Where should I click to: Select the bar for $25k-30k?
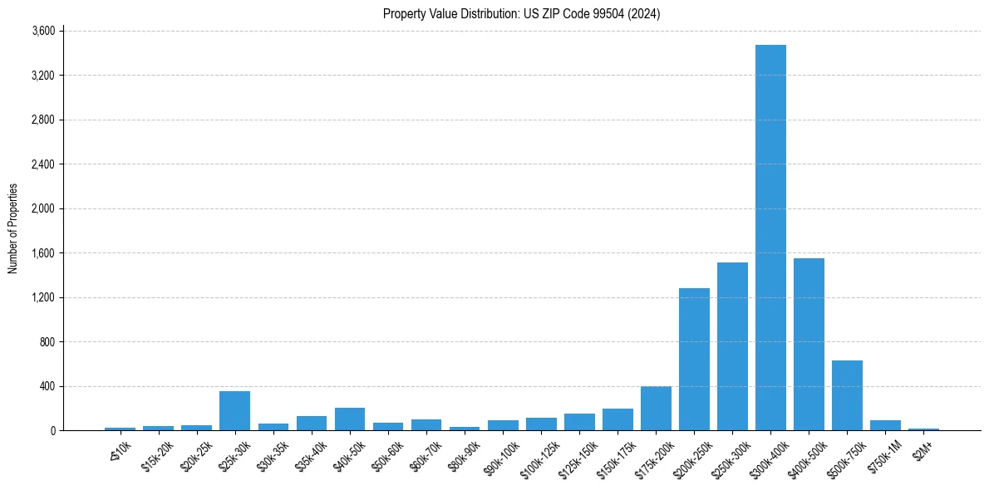coord(234,410)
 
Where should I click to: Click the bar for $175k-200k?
coord(656,409)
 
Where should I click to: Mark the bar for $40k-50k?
coord(350,419)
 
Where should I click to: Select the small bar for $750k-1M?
coord(885,425)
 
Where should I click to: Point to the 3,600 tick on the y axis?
coord(43,31)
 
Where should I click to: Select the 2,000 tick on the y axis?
coord(43,208)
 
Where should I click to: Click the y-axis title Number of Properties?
coord(13,228)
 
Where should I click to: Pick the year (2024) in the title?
coord(644,13)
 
